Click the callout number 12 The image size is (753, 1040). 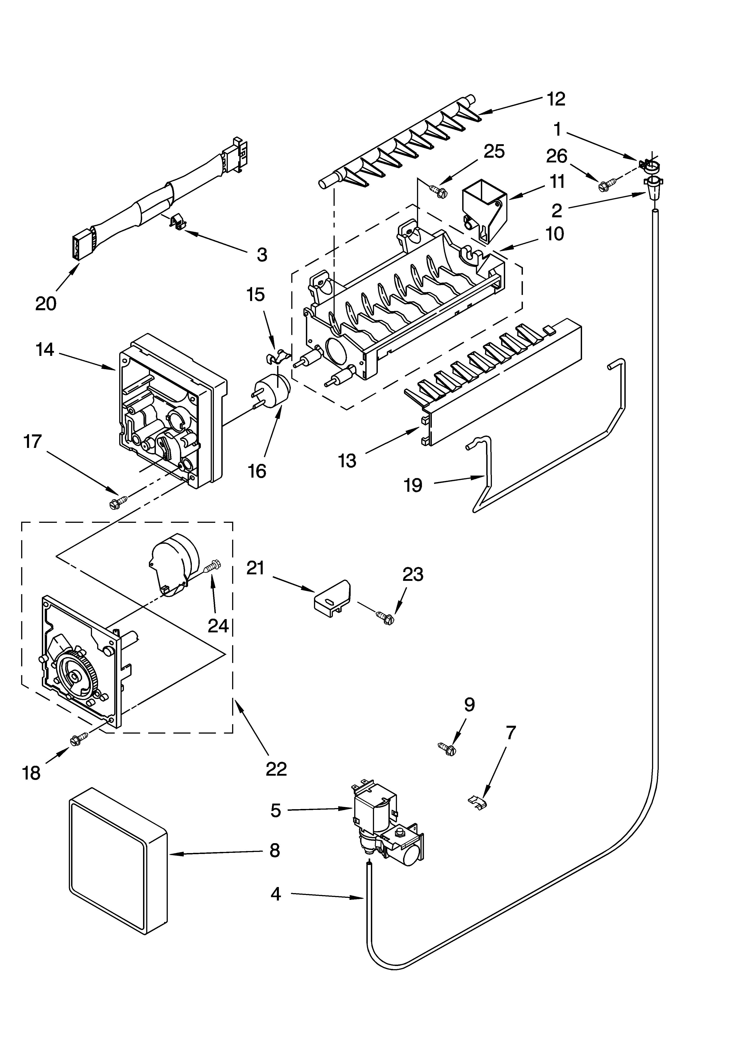pos(556,99)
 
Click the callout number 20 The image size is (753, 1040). pos(46,303)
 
